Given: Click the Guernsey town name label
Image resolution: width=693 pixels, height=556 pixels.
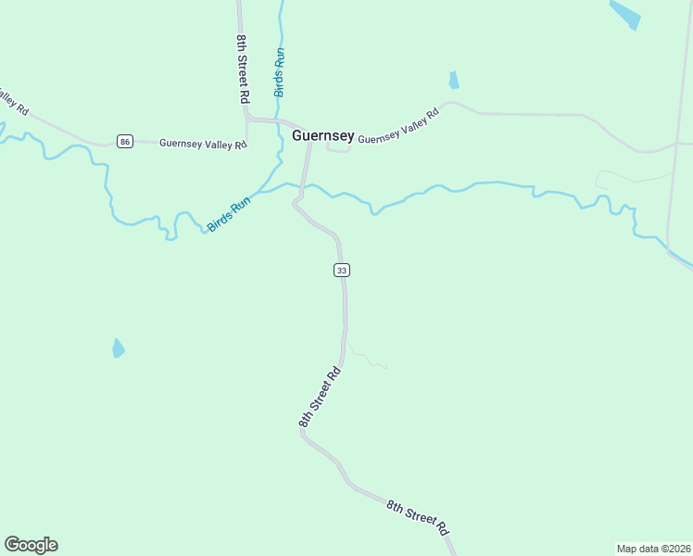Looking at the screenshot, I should point(322,135).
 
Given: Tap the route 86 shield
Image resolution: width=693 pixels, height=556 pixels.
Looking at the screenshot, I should point(125,142).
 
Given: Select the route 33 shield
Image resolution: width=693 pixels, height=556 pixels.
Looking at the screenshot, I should point(342,270).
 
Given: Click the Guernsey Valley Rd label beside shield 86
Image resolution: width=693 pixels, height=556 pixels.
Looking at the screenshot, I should point(203,144).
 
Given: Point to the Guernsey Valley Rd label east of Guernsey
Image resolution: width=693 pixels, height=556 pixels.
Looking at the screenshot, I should point(398,127).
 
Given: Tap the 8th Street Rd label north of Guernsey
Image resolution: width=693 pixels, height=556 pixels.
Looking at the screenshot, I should point(243,69).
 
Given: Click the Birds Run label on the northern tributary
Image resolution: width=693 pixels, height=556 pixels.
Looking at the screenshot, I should point(279,72).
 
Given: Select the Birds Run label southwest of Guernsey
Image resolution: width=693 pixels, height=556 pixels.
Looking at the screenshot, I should point(229,214).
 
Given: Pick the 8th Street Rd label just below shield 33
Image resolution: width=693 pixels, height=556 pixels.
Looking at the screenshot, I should point(321,398).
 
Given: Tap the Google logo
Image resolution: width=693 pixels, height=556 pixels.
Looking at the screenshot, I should point(31,544).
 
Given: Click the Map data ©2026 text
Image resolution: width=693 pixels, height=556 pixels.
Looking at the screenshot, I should point(653,549).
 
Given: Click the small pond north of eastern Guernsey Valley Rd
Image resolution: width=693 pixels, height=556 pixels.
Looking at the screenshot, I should point(454,81).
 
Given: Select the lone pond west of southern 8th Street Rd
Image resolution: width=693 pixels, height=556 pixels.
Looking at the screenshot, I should point(118,348).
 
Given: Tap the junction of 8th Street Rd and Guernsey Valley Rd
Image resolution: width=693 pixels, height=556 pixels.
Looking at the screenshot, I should point(247,119).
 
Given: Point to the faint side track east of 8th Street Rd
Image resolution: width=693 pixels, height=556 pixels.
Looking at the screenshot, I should point(367,357).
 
